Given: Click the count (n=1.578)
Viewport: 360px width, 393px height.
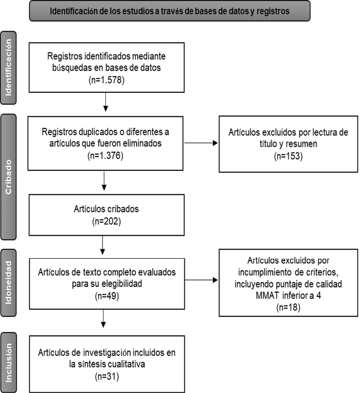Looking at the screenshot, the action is coord(106,80).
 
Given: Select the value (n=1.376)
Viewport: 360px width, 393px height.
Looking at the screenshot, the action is coord(105,156).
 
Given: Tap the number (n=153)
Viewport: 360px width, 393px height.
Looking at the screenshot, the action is coord(288,156).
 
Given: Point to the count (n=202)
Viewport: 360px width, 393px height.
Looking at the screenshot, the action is coord(106,221).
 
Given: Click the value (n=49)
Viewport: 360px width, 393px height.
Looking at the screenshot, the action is coord(107,296).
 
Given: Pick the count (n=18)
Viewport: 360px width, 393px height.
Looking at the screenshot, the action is coord(288,307).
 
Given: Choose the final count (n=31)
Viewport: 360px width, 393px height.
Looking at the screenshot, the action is coord(107,377).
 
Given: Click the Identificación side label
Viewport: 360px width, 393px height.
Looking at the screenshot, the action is coord(9,68).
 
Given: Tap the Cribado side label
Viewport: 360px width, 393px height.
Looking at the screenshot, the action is coord(9,177).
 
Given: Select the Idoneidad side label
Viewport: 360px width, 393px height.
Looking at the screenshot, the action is coord(9,283).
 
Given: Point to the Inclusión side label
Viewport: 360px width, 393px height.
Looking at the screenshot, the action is coord(9,363).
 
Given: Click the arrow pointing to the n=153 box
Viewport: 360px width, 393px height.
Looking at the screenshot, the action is coord(201,143).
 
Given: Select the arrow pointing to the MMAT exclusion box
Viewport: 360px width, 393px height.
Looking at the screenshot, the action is coord(201,280).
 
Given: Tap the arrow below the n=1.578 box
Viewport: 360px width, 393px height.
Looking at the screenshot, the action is coord(105,102).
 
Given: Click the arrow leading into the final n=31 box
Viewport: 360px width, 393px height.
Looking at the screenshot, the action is coord(103,318).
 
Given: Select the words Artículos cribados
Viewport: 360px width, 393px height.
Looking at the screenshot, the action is coord(106,209).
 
